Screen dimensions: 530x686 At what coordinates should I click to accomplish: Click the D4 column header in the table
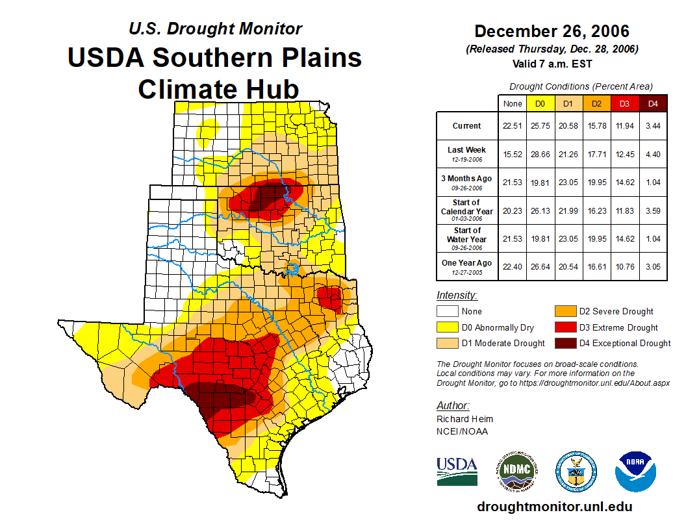(x=653, y=103)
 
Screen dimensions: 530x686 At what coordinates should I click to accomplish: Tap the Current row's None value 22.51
(x=513, y=126)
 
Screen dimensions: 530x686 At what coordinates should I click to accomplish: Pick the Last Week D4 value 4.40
(x=653, y=154)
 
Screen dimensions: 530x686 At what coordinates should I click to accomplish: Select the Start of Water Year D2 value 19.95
(x=596, y=238)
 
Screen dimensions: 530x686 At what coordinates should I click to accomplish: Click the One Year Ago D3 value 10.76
(x=624, y=266)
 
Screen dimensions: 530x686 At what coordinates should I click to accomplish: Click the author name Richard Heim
(x=464, y=419)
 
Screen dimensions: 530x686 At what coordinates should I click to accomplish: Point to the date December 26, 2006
(x=552, y=31)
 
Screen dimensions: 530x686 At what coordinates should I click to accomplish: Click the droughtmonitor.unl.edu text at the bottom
(x=554, y=507)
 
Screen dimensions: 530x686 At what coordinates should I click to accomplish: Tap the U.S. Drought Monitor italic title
(x=215, y=29)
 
